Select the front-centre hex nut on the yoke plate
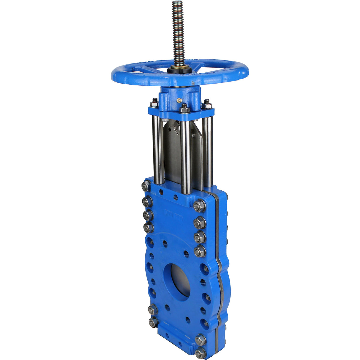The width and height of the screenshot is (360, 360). tap(184, 109)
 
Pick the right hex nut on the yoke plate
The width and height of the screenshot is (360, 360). tap(207, 105)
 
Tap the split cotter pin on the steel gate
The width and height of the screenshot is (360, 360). tap(176, 128)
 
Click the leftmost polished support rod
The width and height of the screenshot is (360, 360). tap(157, 148)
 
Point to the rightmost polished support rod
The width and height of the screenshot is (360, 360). tap(207, 151)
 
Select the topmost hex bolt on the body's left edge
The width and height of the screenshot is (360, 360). tap(146, 186)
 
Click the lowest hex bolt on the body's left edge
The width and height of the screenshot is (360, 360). tap(153, 322)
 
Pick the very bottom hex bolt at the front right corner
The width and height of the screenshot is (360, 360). tap(200, 353)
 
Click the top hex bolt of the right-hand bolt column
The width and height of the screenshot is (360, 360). tap(199, 206)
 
